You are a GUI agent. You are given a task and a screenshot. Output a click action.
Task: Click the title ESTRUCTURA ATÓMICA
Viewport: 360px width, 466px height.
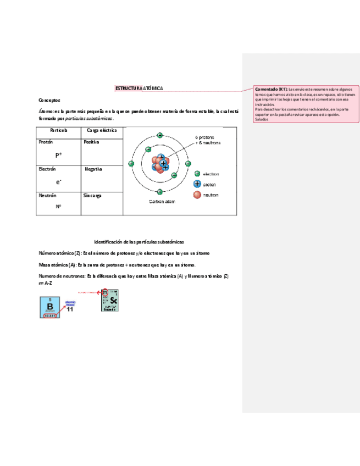(x=139, y=88)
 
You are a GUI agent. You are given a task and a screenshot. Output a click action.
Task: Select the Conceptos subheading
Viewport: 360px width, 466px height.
(x=49, y=101)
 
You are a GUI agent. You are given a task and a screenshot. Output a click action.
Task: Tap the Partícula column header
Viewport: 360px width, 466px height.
(x=58, y=130)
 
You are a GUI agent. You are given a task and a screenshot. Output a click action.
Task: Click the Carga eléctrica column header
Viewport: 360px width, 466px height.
(x=101, y=130)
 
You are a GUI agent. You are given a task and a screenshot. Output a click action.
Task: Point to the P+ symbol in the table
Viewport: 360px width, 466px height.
(x=58, y=155)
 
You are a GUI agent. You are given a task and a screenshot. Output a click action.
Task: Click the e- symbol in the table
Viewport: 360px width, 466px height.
(x=58, y=181)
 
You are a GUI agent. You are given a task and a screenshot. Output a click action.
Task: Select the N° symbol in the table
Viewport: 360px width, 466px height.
(x=58, y=207)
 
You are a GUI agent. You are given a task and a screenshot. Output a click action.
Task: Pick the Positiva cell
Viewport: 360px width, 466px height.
(x=91, y=142)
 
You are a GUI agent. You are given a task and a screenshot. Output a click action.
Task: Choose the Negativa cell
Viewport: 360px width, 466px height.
(x=93, y=169)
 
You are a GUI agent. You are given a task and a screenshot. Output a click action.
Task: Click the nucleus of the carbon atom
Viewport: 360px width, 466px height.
(x=160, y=163)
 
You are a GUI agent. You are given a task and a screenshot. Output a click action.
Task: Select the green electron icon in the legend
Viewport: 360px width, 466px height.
(x=197, y=173)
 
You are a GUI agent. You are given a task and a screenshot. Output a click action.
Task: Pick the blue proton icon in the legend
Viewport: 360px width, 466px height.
(x=197, y=184)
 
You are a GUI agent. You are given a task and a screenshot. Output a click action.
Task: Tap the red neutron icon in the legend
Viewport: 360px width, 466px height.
(x=197, y=195)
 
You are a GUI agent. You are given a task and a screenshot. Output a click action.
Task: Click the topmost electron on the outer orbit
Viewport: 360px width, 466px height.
(x=160, y=135)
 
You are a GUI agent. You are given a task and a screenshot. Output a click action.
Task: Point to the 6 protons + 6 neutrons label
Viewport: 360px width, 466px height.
(x=208, y=140)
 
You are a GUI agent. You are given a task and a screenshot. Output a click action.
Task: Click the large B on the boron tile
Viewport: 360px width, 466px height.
(x=49, y=307)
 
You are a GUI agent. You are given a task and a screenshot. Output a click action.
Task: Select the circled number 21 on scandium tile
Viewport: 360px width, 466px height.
(x=106, y=292)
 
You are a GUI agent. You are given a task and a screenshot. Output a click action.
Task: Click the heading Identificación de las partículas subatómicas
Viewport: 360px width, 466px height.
(x=139, y=242)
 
